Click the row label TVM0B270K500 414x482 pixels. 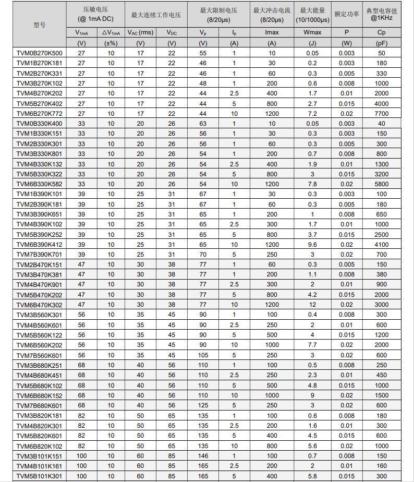coord(39,53)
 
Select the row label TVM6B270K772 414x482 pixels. coord(39,114)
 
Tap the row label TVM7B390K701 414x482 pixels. coord(39,254)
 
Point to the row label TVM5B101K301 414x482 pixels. coord(39,476)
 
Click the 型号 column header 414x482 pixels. coord(39,25)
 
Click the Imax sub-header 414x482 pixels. coord(272,33)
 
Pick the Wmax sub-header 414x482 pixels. coord(312,33)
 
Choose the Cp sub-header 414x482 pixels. coord(382,33)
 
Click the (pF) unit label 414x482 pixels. coord(382,43)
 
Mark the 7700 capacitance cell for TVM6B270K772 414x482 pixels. coord(382,114)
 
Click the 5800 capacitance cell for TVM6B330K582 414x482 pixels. coord(382,184)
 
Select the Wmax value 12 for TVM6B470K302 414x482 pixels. coord(312,305)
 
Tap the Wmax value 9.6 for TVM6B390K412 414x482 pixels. coord(312,244)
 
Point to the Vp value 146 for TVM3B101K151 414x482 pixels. coord(203,456)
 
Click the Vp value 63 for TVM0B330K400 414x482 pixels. coord(203,124)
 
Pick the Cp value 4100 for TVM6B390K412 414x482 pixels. coord(382,244)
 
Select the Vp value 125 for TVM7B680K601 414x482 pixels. coord(203,405)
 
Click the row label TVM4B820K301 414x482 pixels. coord(39,426)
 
